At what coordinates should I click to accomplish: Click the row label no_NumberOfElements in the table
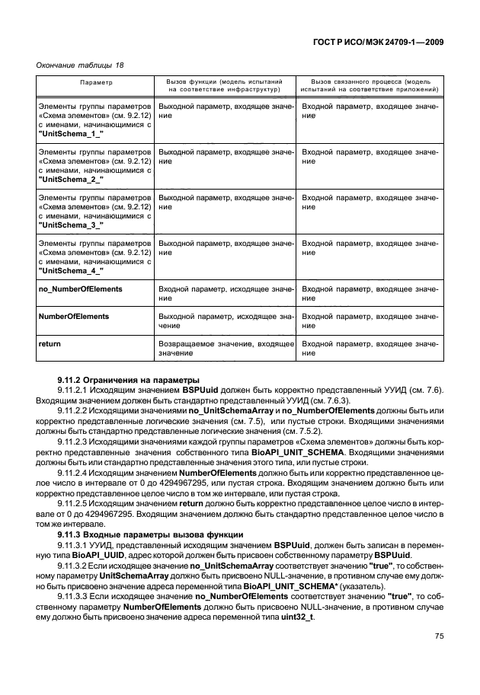tap(80, 289)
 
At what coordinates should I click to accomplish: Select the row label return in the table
tap(50, 344)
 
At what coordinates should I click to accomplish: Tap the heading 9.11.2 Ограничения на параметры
tap(118, 378)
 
